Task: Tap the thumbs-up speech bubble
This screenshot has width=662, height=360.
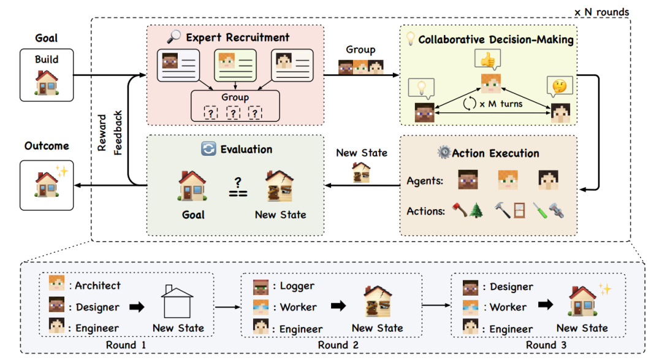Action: click(487, 60)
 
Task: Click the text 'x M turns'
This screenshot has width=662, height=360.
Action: click(501, 103)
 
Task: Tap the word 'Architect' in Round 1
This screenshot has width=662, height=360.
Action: click(98, 285)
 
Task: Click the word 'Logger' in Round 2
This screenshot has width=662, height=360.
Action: click(297, 286)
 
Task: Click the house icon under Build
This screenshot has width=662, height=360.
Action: click(46, 82)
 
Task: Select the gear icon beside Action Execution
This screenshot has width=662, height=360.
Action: click(443, 153)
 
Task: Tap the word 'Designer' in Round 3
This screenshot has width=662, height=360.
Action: click(511, 286)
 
